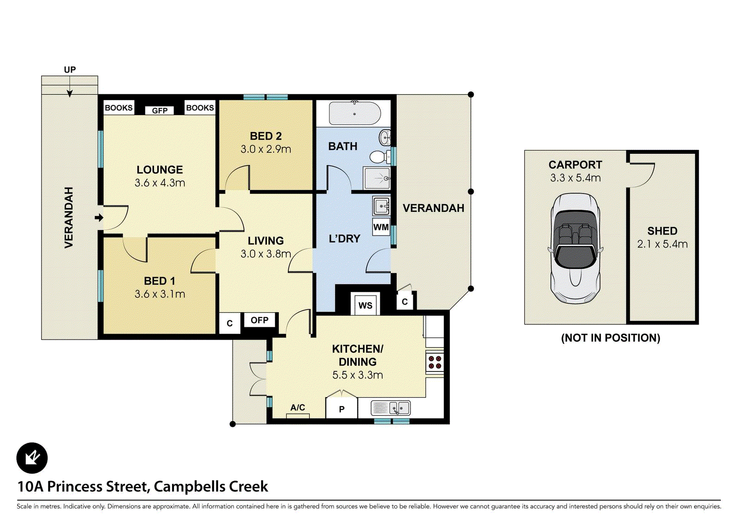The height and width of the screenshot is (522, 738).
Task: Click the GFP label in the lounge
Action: [x=160, y=110]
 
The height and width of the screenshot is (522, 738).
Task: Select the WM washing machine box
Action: [x=381, y=227]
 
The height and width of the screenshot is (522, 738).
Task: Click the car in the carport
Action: [x=575, y=248]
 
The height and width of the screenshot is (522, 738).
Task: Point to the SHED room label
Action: [x=662, y=231]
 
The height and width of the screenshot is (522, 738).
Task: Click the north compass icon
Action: [x=32, y=458]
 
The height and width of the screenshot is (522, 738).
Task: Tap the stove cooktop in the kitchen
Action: [x=434, y=362]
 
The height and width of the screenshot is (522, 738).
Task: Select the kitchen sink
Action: [x=391, y=408]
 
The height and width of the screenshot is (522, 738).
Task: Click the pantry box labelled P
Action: [x=342, y=408]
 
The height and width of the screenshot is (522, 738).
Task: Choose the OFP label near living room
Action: [x=259, y=320]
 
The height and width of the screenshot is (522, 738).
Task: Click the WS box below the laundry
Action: [x=365, y=305]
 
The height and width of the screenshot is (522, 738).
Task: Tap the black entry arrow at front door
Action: [x=99, y=218]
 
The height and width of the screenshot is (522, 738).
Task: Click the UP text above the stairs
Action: [x=70, y=70]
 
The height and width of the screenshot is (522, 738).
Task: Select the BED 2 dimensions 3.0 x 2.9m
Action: [x=266, y=149]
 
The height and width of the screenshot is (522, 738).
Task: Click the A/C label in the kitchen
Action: [x=298, y=408]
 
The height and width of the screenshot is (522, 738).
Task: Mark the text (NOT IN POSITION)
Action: [x=611, y=338]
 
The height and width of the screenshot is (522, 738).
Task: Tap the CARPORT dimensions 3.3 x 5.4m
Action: [x=575, y=178]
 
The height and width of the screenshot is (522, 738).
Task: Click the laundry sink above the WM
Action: [x=381, y=206]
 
